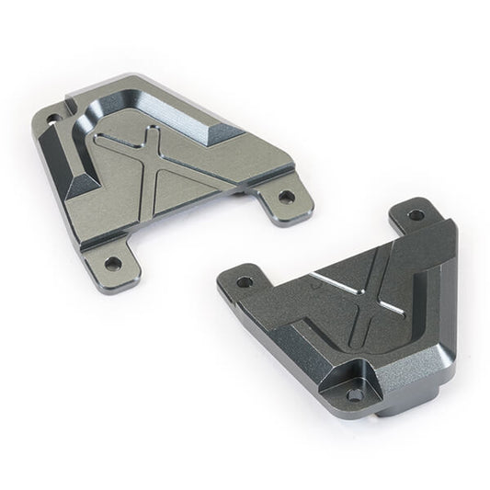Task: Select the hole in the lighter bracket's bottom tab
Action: click(x=114, y=262)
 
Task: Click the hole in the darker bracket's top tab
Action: click(x=416, y=214)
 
